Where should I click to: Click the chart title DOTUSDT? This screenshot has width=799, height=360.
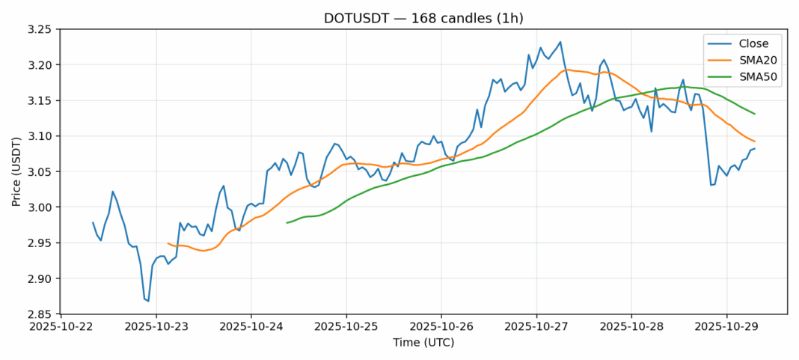pyautogui.click(x=423, y=18)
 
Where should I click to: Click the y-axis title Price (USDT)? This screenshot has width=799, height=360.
pyautogui.click(x=16, y=172)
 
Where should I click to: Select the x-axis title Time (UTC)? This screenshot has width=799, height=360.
pyautogui.click(x=423, y=343)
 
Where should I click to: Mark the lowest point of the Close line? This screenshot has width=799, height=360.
pyautogui.click(x=148, y=301)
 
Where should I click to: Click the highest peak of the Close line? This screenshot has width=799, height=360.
pyautogui.click(x=560, y=42)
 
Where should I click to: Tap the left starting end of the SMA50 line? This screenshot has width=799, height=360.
pyautogui.click(x=287, y=222)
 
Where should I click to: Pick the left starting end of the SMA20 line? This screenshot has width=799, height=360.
pyautogui.click(x=168, y=243)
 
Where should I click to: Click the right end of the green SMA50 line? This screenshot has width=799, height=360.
pyautogui.click(x=754, y=114)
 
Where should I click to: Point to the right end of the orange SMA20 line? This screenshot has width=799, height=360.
pyautogui.click(x=754, y=141)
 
